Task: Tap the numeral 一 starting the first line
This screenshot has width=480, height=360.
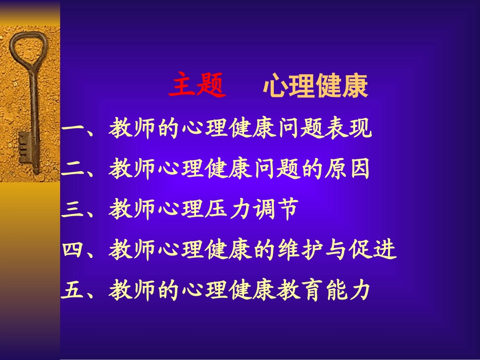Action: tap(74, 130)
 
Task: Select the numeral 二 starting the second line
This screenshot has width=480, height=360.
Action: tap(74, 171)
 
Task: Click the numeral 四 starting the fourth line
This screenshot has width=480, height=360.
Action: tap(74, 250)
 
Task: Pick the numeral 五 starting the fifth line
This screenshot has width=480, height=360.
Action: tap(74, 290)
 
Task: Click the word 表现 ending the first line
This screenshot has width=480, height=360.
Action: tap(348, 130)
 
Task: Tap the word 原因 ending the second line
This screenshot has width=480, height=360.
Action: tap(348, 170)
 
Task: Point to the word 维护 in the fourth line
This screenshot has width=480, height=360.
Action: tap(300, 250)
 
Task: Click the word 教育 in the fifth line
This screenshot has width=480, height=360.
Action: tap(300, 290)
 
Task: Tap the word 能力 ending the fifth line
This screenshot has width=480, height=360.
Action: tap(348, 290)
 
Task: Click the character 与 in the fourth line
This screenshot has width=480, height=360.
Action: tap(337, 250)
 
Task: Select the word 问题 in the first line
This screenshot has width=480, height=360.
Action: tap(300, 130)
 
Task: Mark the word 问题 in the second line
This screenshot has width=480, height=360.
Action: tap(276, 170)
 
